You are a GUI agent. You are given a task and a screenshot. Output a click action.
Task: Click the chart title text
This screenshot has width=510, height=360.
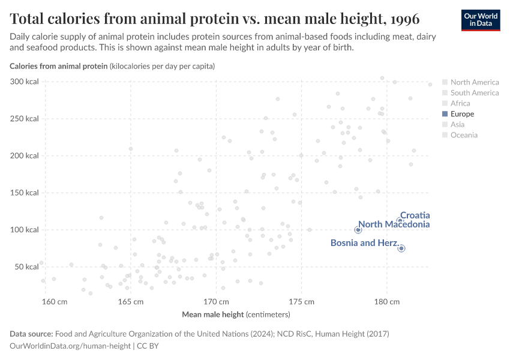point(214,18)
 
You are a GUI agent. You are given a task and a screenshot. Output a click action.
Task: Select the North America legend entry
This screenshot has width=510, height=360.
point(474,82)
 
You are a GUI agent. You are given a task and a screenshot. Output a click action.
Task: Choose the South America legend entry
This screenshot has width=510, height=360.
point(474,93)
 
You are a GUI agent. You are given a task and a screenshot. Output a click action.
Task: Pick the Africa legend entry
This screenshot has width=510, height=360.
point(460,103)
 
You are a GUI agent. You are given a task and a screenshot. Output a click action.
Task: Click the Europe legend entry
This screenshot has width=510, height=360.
point(462,114)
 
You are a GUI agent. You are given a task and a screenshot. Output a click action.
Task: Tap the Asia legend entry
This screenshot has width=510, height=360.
point(457,124)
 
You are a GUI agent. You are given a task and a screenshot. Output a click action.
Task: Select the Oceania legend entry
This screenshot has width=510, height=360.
point(464,135)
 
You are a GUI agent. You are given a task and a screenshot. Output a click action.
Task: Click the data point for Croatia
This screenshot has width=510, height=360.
point(400,221)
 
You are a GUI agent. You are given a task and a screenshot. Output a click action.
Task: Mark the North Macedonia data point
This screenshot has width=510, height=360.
point(358,230)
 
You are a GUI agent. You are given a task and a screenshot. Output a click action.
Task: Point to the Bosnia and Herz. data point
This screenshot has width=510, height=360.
point(401,248)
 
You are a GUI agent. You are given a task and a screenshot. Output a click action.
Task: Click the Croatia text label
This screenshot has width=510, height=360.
point(415,215)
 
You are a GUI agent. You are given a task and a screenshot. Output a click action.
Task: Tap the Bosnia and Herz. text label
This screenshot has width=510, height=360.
point(364,243)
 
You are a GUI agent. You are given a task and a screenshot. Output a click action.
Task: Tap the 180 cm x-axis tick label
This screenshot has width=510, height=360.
point(386,301)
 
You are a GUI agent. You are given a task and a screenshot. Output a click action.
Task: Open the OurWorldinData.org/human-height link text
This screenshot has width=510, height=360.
point(70,346)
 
